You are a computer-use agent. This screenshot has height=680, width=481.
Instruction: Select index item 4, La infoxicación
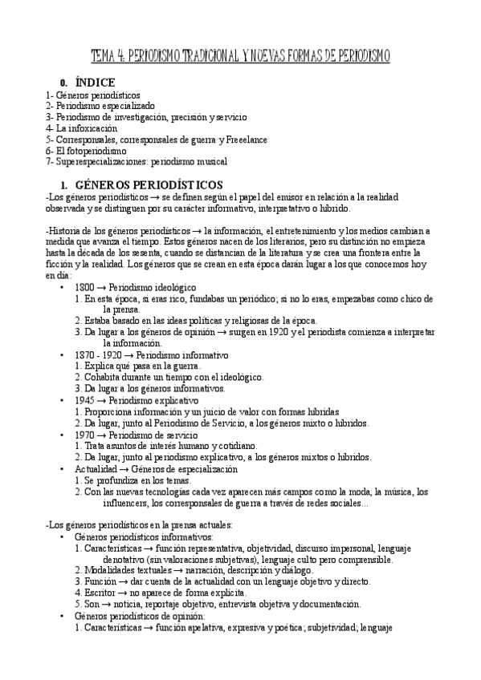[81, 127]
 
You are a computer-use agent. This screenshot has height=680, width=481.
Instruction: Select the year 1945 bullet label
[85, 399]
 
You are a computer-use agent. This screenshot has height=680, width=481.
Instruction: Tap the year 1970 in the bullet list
[85, 434]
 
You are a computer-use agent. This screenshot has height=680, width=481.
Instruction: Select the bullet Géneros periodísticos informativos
[143, 536]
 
